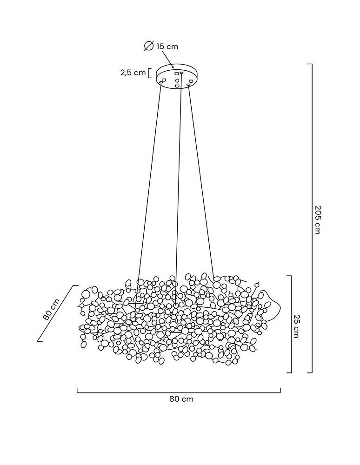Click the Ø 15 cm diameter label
[x=161, y=46]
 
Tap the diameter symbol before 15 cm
[x=149, y=46]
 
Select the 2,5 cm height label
[x=133, y=73]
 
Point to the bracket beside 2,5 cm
[x=149, y=73]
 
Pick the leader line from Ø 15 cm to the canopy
[x=167, y=59]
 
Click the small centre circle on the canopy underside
[x=177, y=80]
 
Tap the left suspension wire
[x=149, y=181]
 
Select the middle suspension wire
[x=178, y=181]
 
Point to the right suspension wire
[x=201, y=181]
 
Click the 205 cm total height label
[x=317, y=219]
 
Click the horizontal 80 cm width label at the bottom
[x=181, y=399]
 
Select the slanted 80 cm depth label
[x=51, y=309]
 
